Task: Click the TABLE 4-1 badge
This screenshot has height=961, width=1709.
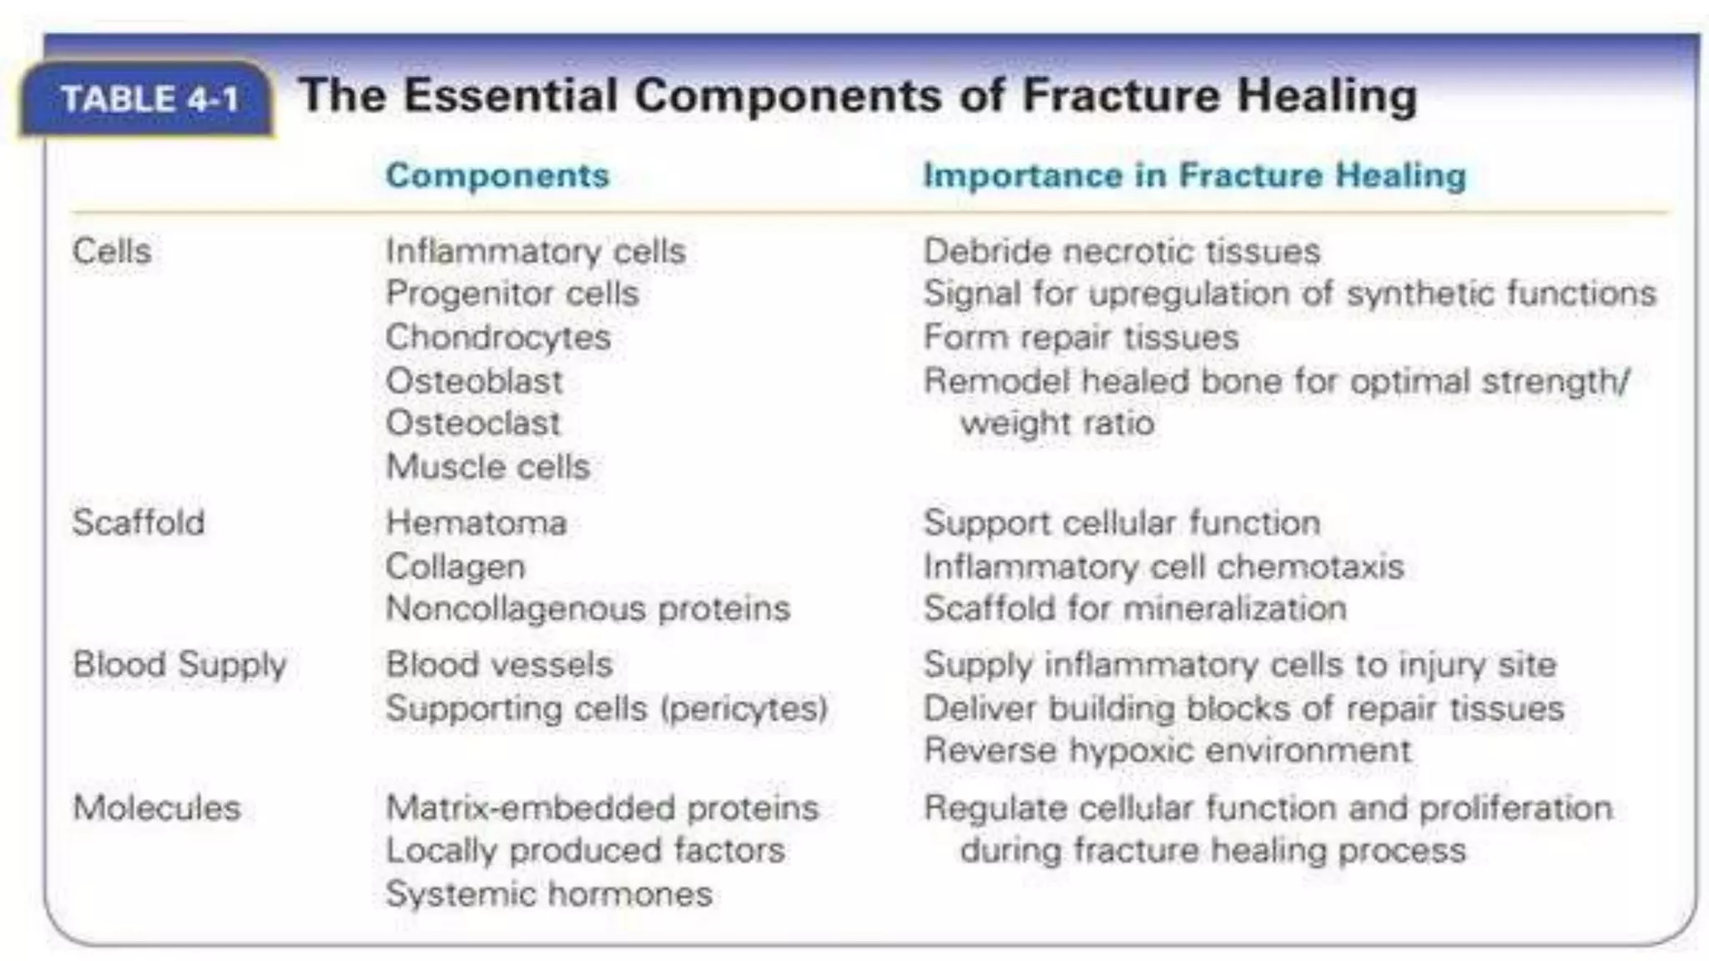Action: [x=150, y=99]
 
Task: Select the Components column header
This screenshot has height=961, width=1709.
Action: [x=497, y=175]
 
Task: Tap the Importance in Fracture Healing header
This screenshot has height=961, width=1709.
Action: [x=1194, y=175]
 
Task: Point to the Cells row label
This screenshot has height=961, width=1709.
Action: [x=112, y=251]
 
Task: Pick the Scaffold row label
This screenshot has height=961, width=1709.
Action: [x=139, y=523]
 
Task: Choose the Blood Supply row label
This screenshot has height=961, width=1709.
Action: [x=179, y=665]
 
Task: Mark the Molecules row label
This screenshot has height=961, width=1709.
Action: [x=157, y=808]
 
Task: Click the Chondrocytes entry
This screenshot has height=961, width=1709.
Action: [x=498, y=338]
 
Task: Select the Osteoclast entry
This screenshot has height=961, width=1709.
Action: [x=473, y=423]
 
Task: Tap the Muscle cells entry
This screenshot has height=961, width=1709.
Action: [x=488, y=466]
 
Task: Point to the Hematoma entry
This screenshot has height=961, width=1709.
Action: [x=476, y=523]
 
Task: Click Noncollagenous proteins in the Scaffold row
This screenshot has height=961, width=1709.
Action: [x=587, y=609]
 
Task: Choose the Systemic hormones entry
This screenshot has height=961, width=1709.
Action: [x=548, y=894]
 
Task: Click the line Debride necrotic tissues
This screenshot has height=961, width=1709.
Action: [x=1122, y=251]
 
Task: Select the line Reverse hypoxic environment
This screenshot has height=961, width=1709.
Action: [x=1167, y=750]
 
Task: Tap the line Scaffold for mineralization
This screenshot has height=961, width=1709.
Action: [x=1135, y=609]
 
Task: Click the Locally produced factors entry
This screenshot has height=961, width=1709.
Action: [x=585, y=851]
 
